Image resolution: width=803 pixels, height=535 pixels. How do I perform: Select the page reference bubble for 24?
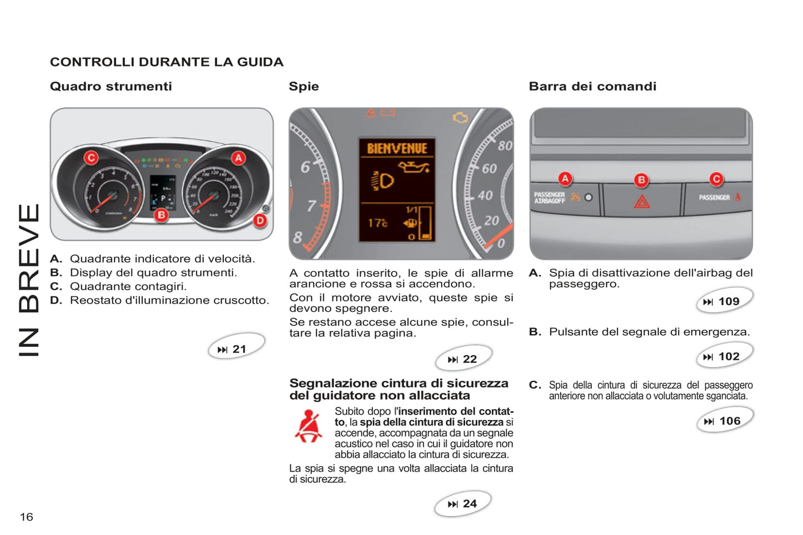[463, 503]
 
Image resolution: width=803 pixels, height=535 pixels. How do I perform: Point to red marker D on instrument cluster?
[260, 220]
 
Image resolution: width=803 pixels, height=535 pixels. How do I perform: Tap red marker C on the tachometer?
[91, 158]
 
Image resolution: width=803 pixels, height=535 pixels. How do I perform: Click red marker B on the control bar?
[641, 180]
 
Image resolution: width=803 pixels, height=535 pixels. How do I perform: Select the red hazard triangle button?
[642, 202]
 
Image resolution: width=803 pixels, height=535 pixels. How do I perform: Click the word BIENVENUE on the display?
[397, 148]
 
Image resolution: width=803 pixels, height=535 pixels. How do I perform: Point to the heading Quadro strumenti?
[111, 86]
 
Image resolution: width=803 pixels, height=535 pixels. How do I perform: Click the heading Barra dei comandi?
[592, 86]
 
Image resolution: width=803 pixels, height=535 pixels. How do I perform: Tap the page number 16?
[26, 517]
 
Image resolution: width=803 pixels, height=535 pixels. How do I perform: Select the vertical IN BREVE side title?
[29, 280]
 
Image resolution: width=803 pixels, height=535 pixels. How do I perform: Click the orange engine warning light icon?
[460, 117]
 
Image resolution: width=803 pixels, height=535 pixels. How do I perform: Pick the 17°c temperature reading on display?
[377, 223]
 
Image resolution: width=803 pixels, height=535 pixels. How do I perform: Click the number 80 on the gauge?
[505, 146]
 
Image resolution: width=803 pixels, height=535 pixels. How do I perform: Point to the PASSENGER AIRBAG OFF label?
[549, 198]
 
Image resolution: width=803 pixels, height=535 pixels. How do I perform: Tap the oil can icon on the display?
[413, 166]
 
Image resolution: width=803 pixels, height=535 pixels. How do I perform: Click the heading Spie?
[303, 86]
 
